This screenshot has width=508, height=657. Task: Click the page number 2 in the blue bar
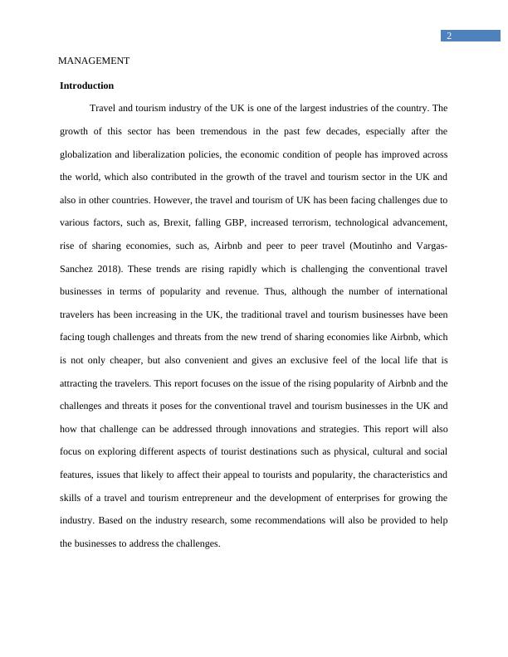click(x=449, y=36)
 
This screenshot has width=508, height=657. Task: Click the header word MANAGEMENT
click(x=94, y=61)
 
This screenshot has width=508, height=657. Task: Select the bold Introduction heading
click(x=87, y=85)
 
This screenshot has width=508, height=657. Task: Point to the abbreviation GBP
click(x=247, y=223)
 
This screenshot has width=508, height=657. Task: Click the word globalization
click(x=91, y=154)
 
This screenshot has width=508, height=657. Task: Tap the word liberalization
click(x=171, y=154)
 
